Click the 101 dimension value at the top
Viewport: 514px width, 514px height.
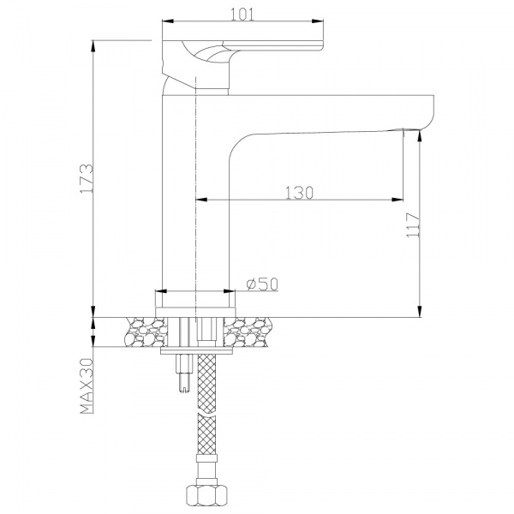(x=242, y=15)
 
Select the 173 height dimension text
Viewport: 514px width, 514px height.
(x=87, y=178)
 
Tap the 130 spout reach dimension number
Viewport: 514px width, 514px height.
(x=299, y=193)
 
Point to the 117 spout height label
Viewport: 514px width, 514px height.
(x=413, y=224)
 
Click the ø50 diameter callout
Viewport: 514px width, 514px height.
(x=262, y=284)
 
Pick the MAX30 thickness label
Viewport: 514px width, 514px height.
(x=87, y=385)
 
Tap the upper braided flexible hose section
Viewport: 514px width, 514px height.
(x=207, y=384)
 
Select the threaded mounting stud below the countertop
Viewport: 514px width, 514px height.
(x=183, y=373)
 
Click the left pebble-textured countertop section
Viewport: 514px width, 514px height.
(x=146, y=332)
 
